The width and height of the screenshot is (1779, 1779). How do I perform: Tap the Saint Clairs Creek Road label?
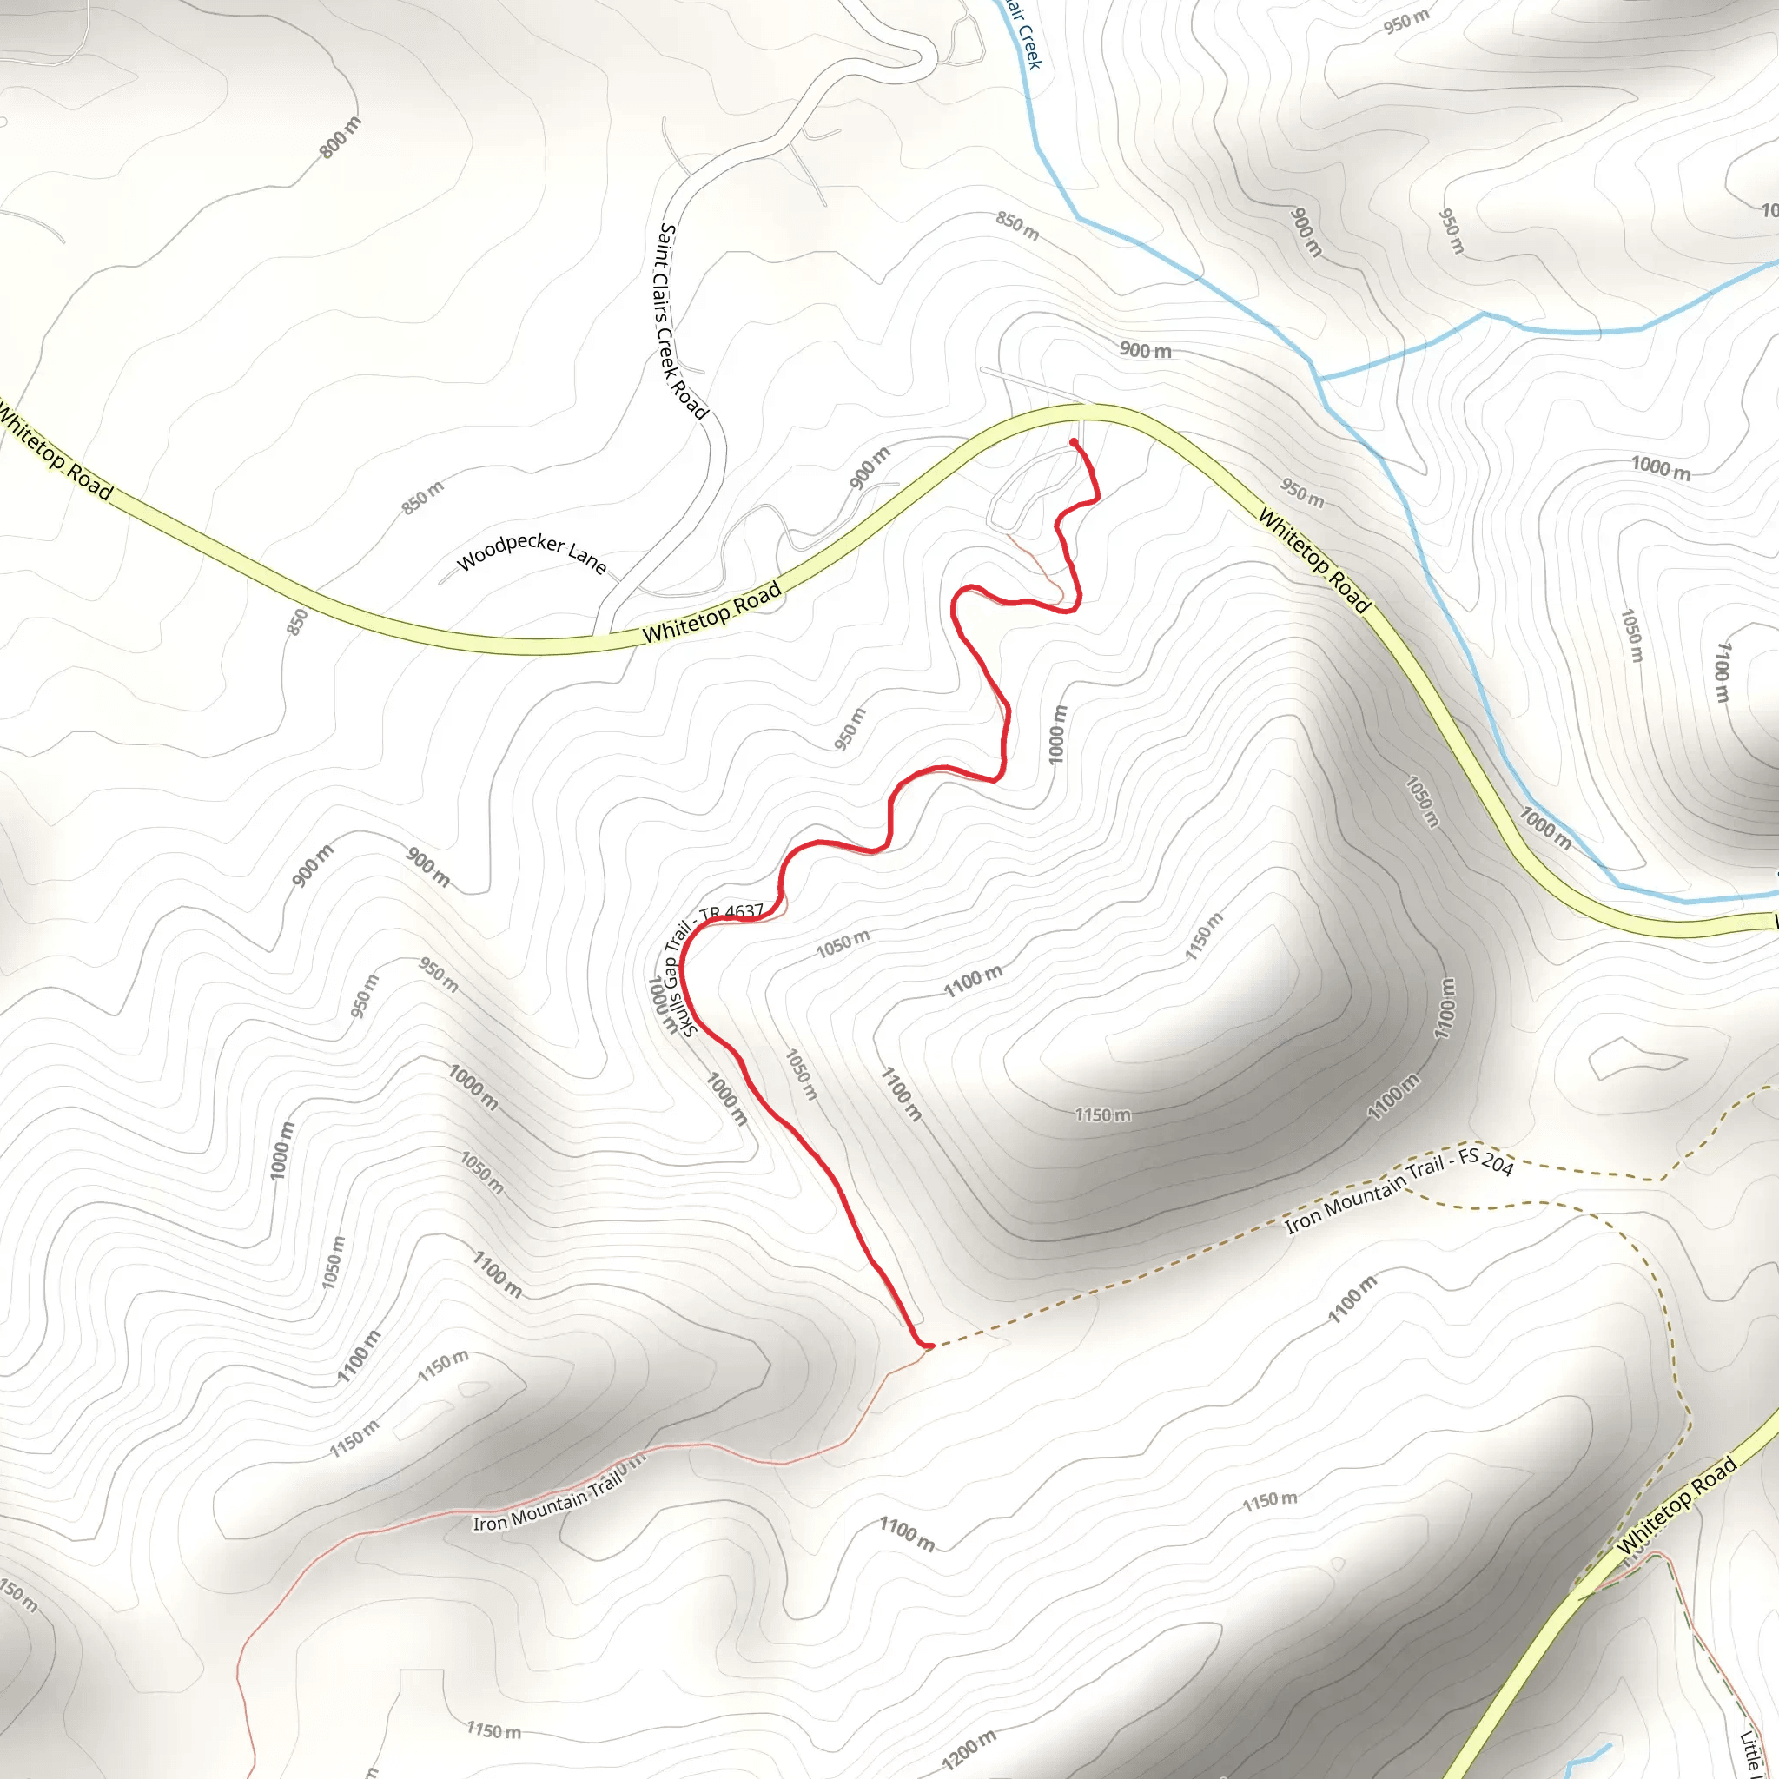pos(680,321)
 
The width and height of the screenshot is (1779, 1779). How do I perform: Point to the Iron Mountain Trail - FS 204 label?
pos(1399,1193)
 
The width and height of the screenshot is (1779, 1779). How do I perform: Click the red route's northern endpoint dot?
pos(1074,443)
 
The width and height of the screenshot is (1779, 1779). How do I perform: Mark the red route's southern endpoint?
pos(929,1346)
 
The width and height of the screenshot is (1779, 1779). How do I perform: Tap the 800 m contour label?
pos(341,137)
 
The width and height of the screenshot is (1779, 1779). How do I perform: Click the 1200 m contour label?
pos(969,1749)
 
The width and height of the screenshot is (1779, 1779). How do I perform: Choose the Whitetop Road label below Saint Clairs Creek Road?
pos(711,612)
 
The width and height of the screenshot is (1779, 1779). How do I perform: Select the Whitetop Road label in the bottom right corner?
pos(1676,1504)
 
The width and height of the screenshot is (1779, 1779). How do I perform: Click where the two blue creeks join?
pos(1319,378)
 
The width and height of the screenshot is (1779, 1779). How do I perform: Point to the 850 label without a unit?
pos(296,622)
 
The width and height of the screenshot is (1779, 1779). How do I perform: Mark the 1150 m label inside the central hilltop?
pos(1103,1115)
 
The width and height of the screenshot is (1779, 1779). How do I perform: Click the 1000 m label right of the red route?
pos(1058,734)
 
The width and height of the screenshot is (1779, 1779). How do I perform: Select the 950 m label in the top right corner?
pos(1406,20)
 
